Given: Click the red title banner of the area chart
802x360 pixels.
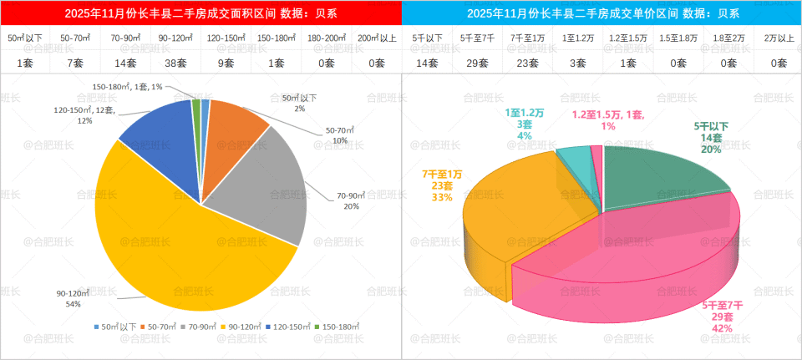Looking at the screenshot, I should click(x=200, y=13).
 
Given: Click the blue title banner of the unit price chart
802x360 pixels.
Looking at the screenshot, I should click(x=601, y=13).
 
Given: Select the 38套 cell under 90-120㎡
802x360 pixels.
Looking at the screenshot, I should click(x=175, y=63).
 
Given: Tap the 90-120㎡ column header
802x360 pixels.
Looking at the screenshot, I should click(x=175, y=38).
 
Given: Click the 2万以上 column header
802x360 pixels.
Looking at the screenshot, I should click(x=779, y=38).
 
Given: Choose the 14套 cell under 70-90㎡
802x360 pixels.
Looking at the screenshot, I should click(x=125, y=63).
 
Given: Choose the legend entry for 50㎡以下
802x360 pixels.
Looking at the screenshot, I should click(x=113, y=327).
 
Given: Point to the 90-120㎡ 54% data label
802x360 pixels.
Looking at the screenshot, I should click(x=73, y=298).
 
